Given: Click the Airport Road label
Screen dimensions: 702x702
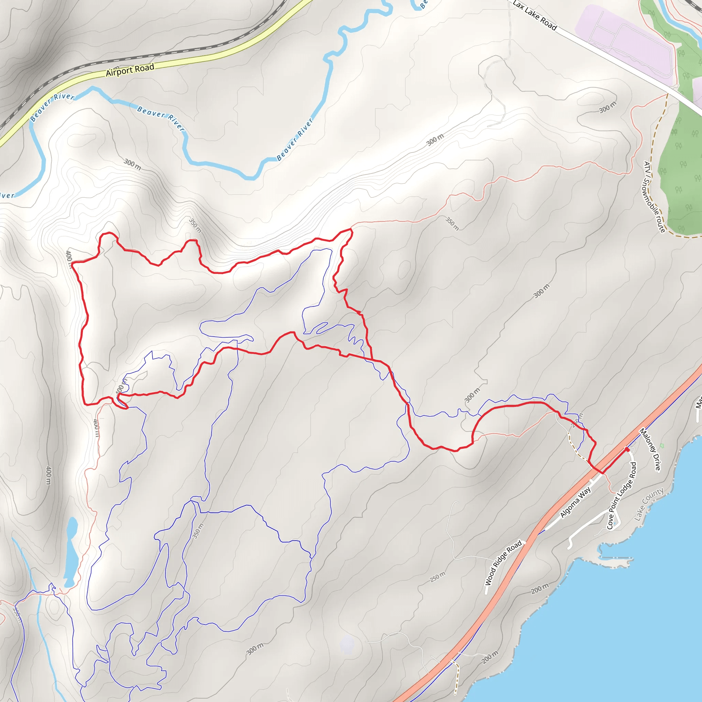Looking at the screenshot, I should click(130, 70).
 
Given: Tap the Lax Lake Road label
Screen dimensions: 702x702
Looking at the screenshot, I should click(534, 15).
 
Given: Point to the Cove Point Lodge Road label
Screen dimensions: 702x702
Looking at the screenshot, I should click(622, 496).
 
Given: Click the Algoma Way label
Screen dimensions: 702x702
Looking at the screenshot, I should click(576, 503).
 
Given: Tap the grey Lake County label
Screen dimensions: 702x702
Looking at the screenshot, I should click(649, 504).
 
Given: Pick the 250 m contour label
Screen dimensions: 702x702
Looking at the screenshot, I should click(437, 577).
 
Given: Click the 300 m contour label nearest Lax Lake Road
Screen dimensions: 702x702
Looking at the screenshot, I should click(607, 107).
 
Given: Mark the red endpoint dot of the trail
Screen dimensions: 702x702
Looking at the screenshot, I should click(627, 449).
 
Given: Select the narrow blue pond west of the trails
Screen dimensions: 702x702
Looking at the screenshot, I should click(71, 552).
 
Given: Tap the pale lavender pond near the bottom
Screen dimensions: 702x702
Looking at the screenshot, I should click(347, 644).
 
